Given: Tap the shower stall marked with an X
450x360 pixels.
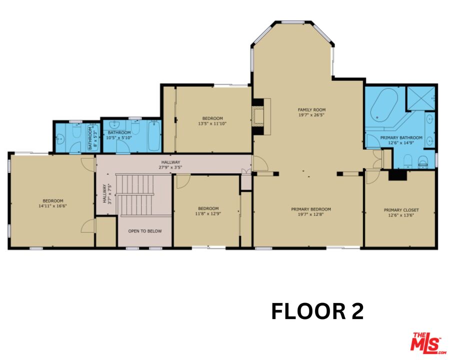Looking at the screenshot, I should (x=420, y=98).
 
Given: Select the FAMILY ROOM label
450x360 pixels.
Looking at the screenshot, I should (x=311, y=109).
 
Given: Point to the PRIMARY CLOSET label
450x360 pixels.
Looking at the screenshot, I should (x=401, y=210).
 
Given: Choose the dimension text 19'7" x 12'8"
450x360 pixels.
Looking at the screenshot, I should (x=311, y=215).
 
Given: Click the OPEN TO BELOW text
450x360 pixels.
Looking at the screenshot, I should (x=144, y=231).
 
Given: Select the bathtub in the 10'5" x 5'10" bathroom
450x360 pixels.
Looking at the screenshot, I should (x=154, y=135).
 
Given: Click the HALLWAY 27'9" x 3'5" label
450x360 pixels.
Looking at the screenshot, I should (x=170, y=164).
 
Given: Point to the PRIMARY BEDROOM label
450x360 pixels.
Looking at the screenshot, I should (x=311, y=209).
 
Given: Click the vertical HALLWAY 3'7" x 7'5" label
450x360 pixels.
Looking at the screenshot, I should (x=106, y=194).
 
